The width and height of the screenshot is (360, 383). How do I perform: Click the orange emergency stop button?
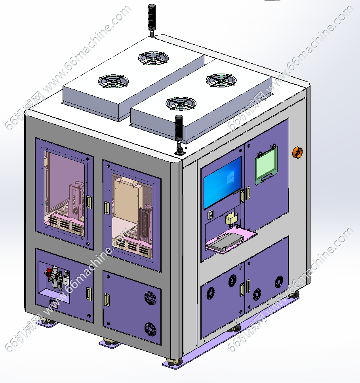click(x=297, y=152)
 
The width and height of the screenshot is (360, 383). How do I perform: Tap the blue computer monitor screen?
click(x=223, y=182)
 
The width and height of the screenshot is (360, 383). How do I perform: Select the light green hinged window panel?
click(x=266, y=165)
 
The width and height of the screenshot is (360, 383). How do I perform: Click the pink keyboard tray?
click(x=231, y=239)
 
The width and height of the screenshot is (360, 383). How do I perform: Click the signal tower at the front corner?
click(x=179, y=135)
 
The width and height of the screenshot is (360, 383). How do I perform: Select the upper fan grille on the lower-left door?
click(x=150, y=298)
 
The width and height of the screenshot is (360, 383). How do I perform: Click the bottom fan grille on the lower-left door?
click(x=150, y=329)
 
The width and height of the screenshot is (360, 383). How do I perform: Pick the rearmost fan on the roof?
click(x=154, y=59)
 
